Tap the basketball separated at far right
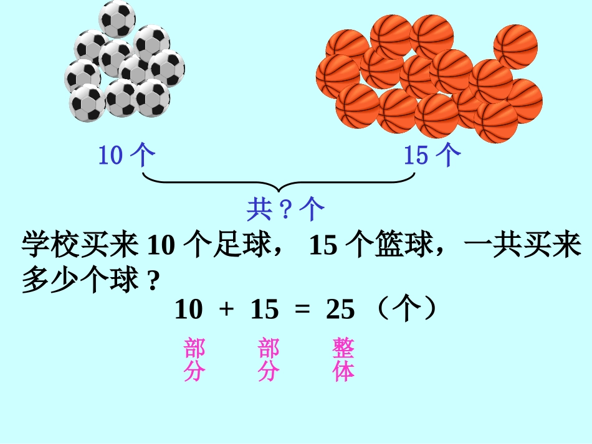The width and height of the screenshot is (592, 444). coord(515,45)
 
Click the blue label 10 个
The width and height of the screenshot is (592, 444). coord(127,155)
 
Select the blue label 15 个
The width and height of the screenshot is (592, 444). coord(432,155)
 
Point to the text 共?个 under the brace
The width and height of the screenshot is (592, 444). coord(285,210)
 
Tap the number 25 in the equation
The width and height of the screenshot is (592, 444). coord(340,309)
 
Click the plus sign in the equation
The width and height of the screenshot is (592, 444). coord(226,309)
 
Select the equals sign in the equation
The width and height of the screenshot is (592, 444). coord(302,309)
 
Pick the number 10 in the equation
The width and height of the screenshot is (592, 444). coord(189,309)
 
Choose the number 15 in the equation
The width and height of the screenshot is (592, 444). coord(264,309)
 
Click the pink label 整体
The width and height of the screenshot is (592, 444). coord(343,360)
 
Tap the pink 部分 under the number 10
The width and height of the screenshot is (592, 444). coord(194,360)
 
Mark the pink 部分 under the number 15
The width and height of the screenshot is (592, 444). coord(269,360)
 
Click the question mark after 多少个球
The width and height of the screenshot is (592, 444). coord(152,280)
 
